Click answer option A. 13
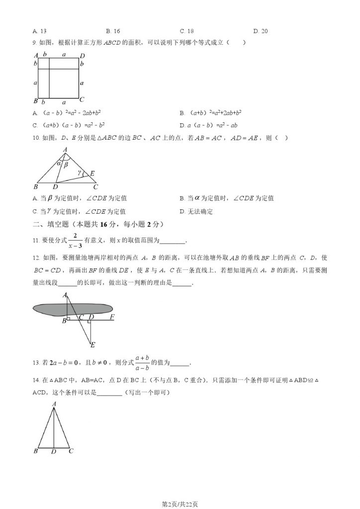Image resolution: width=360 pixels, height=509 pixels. coord(40,31)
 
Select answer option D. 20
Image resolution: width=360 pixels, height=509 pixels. coord(261,31)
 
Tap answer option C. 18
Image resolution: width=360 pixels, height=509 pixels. coord(187,31)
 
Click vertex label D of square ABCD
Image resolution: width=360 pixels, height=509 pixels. coord(83,55)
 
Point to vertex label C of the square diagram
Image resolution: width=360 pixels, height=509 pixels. coord(82,99)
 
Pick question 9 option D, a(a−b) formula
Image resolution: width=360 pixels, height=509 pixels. coord(208,125)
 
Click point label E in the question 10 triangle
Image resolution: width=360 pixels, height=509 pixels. coord(92,173)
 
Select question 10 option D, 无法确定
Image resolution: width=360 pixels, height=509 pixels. coord(196,211)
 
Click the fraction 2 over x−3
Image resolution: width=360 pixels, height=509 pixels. coord(75,240)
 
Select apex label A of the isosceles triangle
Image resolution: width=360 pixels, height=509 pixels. coord(54,404)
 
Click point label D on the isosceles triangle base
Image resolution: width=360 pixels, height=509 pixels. coord(53,451)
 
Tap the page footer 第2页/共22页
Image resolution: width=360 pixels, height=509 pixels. coord(180,504)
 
